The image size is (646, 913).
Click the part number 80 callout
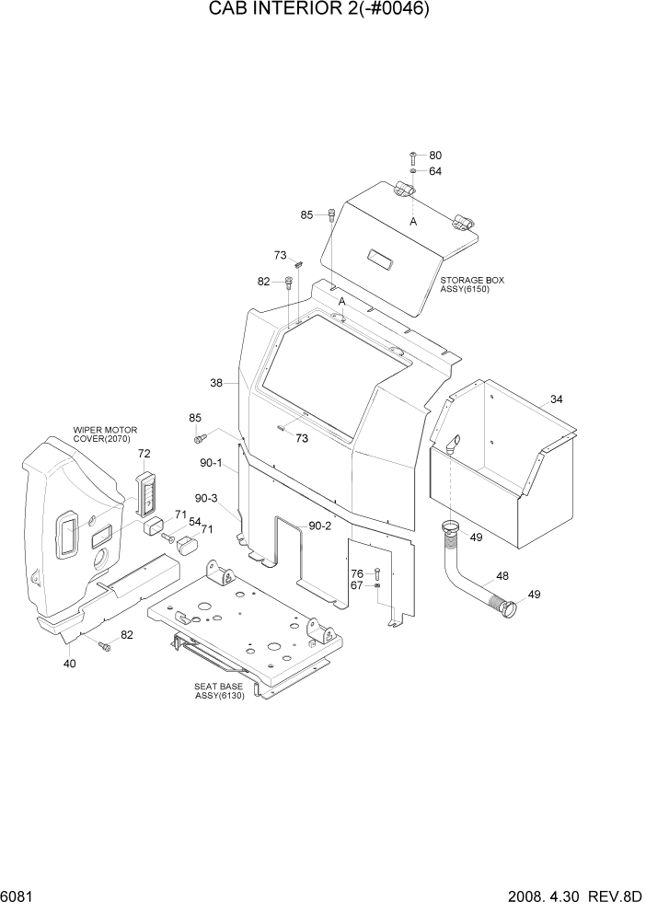click(x=435, y=156)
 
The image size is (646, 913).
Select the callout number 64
click(x=435, y=171)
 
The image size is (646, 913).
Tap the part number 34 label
click(x=556, y=399)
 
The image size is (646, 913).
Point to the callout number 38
click(x=216, y=383)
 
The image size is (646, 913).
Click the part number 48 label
click(x=502, y=576)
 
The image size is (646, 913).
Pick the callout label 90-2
click(x=320, y=526)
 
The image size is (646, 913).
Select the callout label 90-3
click(x=206, y=498)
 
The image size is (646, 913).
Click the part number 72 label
click(x=144, y=454)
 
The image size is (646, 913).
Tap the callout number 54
click(x=194, y=522)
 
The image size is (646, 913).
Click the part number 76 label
click(x=356, y=573)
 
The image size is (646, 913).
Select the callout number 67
click(x=356, y=585)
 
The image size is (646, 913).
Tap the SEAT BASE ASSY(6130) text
click(x=218, y=691)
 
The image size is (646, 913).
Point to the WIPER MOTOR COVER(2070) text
click(x=104, y=433)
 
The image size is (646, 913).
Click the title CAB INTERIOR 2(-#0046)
click(x=322, y=11)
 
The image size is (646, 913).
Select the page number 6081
click(x=19, y=896)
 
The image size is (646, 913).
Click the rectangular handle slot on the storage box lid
click(x=380, y=260)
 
